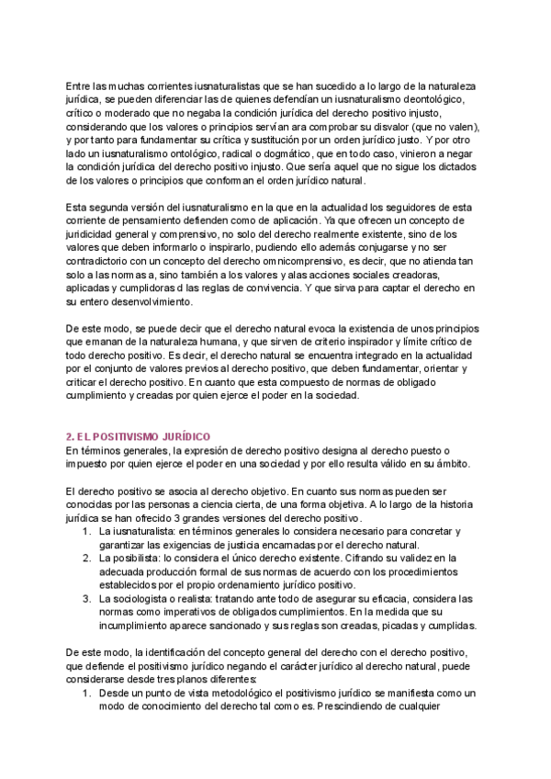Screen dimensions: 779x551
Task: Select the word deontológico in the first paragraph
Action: click(434, 98)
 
